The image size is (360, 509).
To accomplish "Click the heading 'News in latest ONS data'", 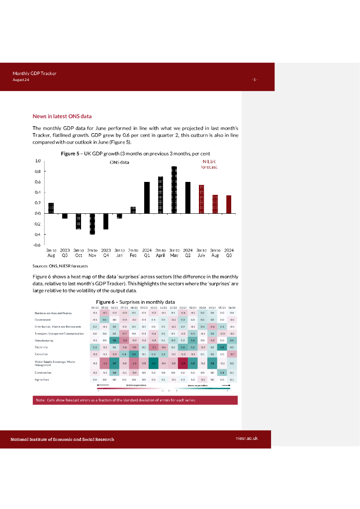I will (x=62, y=116).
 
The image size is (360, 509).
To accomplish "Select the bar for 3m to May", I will (x=174, y=189).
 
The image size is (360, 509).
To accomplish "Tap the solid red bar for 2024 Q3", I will (x=229, y=204).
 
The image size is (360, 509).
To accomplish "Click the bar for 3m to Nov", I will (x=92, y=224).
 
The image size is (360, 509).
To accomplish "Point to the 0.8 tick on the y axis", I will (x=38, y=171).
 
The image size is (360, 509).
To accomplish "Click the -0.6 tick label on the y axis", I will (x=37, y=245).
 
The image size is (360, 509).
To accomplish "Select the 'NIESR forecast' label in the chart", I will (x=209, y=165).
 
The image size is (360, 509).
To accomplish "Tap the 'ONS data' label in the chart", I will (x=119, y=163).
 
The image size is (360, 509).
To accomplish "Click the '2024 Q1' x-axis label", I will (x=147, y=253).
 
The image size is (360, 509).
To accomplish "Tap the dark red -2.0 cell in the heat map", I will (x=183, y=363).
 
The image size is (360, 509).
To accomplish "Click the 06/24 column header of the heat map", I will (x=232, y=307).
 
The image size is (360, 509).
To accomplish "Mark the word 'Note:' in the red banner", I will (x=40, y=400).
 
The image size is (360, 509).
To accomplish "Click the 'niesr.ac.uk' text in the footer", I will (x=246, y=439).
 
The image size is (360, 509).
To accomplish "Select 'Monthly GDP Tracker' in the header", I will (x=35, y=74).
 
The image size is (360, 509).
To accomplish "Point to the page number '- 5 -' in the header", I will (x=255, y=80).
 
